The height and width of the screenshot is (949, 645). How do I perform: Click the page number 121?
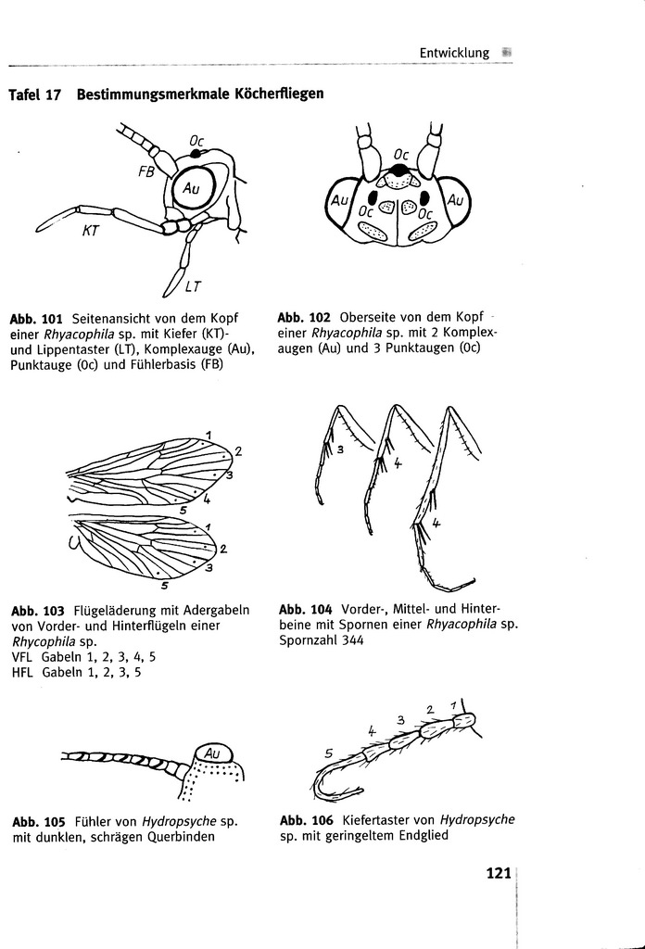(499, 873)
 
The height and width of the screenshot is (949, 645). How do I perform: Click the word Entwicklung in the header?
(454, 53)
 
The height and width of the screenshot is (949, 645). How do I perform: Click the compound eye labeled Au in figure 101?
(192, 188)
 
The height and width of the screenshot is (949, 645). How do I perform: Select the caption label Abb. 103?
(38, 611)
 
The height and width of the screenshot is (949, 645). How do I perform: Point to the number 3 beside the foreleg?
(340, 449)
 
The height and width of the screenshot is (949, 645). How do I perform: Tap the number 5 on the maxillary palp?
(328, 754)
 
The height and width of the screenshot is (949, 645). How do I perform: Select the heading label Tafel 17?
(33, 95)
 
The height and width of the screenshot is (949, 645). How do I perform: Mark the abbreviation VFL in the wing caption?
(21, 657)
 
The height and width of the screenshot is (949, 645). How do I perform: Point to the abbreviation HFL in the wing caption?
(21, 673)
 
